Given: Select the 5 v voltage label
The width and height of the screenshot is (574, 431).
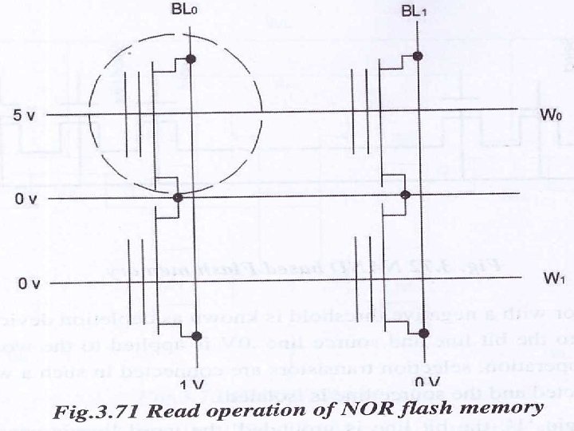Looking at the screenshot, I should point(25,116).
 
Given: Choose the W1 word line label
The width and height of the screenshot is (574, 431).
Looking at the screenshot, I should point(554,278).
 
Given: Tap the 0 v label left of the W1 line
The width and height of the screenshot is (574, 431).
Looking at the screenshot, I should point(29,283).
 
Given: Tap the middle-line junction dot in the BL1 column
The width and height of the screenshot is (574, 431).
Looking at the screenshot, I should point(405,195).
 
